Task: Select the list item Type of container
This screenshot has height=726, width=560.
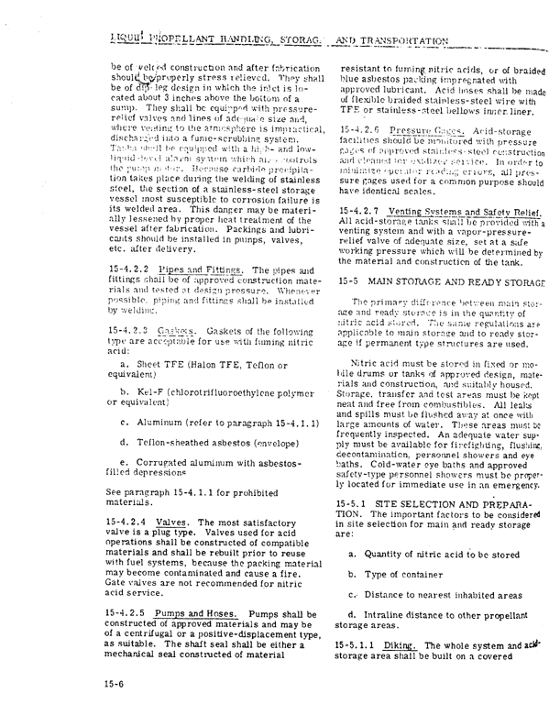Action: point(396,560)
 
